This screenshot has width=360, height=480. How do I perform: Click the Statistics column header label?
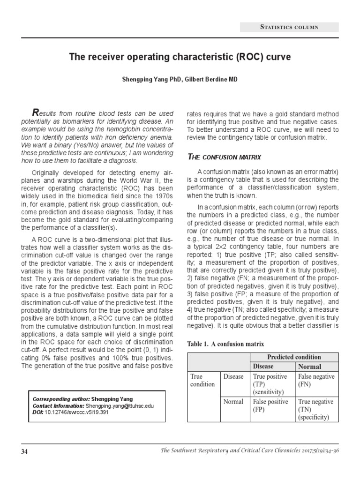289,27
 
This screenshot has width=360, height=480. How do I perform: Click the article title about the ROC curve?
180,57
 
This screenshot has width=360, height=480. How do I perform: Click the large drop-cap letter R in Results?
34,112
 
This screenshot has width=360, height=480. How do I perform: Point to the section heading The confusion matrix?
224,156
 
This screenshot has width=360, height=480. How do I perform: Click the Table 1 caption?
226,344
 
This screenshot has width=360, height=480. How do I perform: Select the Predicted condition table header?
294,357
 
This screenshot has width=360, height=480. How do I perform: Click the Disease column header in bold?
263,367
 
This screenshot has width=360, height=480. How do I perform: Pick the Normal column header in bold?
310,367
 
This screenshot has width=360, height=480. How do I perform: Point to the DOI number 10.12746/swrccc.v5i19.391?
79,412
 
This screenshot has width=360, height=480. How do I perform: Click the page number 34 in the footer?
24,451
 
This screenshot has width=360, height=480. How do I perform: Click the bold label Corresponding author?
60,399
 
